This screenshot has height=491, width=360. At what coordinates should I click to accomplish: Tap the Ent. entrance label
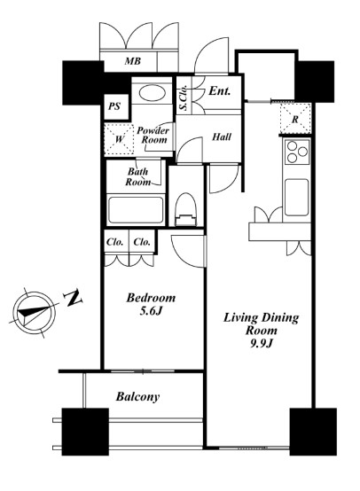pos(221,91)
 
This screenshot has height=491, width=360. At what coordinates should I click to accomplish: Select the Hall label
pos(223,136)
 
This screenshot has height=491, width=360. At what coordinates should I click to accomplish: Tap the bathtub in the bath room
pos(135,212)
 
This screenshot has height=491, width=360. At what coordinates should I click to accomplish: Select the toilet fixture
pos(185,214)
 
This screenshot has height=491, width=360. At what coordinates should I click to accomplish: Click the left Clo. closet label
pos(115,241)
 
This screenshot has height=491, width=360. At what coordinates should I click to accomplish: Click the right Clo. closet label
pos(142,241)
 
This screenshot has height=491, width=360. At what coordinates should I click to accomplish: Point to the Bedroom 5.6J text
pos(149,305)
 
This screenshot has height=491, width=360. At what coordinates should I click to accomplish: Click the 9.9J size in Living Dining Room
pos(260,346)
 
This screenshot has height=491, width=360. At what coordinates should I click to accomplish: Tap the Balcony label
pos(137,397)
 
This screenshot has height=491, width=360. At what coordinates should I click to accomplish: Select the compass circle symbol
pos(33,312)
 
